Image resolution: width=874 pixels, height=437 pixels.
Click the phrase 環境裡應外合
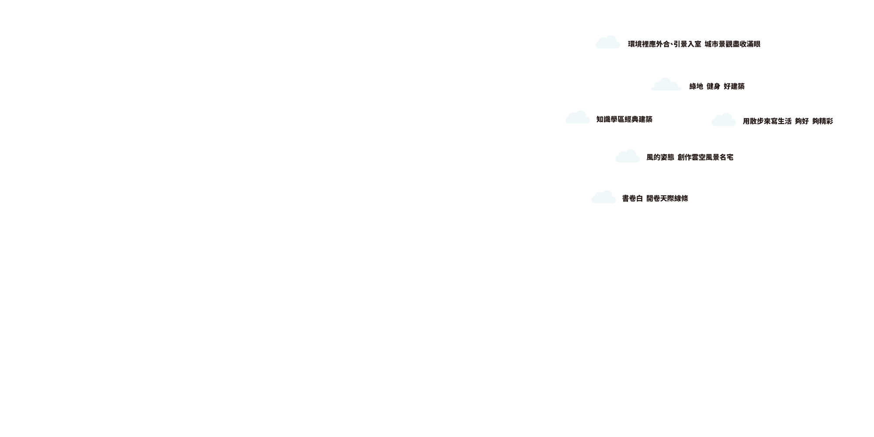pos(649,44)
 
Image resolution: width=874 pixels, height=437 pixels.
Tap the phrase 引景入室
pos(687,44)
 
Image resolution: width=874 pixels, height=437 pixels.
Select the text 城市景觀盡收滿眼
pos(732,44)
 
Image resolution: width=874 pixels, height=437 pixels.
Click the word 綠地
pos(696,87)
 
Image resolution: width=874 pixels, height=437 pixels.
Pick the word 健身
pos(713,87)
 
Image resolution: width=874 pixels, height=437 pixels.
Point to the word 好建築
pos(734,87)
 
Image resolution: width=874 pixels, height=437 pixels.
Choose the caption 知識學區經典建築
pos(624,119)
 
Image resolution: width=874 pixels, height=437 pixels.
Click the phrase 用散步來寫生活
pos(767,121)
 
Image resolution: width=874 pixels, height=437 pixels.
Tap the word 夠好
pos(802,121)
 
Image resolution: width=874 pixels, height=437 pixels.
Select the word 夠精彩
pos(822,121)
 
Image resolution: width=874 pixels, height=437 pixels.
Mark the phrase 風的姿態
pos(660,157)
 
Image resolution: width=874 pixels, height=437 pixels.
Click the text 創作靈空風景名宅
pos(705,157)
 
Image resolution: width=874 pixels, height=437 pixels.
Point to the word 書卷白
pos(632,198)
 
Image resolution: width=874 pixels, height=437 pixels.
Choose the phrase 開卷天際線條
pos(667,198)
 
